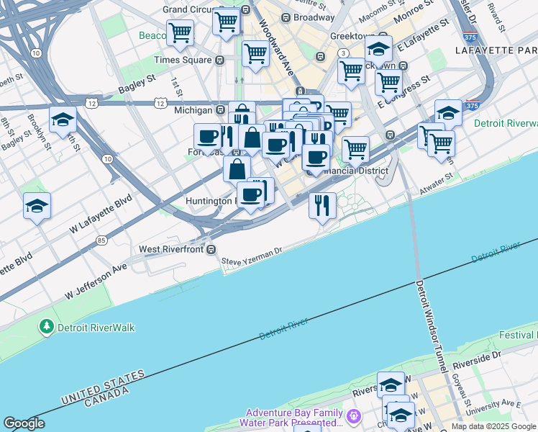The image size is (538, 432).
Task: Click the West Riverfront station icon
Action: pyautogui.click(x=211, y=250)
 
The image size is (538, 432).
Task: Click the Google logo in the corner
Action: pyautogui.click(x=24, y=423)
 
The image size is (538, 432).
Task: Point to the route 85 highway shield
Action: pyautogui.click(x=101, y=240)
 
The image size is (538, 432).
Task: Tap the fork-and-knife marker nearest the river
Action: pyautogui.click(x=322, y=205)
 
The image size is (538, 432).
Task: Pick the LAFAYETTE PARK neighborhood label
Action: pyautogui.click(x=496, y=50)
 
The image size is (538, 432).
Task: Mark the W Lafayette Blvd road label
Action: pyautogui.click(x=101, y=213)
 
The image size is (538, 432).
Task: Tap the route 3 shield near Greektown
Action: pyautogui.click(x=344, y=53)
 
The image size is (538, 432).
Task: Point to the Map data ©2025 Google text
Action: pyautogui.click(x=494, y=426)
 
